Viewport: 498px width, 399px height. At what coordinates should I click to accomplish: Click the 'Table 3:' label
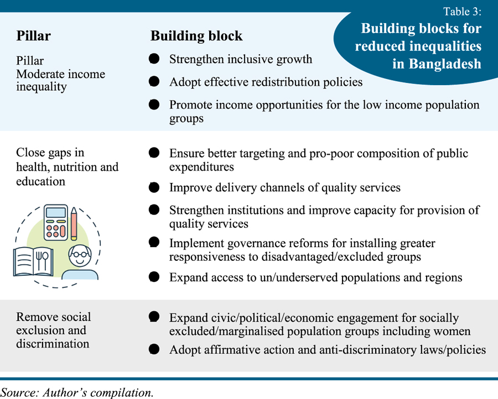point(463,11)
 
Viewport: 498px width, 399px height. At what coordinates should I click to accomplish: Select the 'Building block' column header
point(196,36)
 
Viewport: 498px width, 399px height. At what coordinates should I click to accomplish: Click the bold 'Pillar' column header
point(33,36)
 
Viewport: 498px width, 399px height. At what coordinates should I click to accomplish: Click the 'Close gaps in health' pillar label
point(67,167)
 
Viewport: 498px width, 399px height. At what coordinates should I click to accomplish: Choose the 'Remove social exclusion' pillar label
point(53,330)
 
